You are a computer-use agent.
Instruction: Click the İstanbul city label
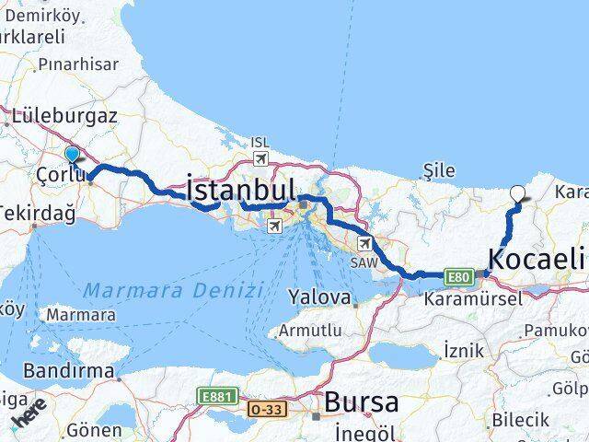tap(241, 191)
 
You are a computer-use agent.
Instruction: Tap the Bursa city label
tap(361, 402)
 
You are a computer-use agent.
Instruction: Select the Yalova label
tap(319, 298)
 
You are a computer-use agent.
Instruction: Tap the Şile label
tap(438, 170)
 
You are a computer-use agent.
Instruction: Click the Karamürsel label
tap(472, 298)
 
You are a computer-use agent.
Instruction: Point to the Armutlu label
tap(313, 330)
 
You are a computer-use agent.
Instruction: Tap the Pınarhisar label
tap(80, 65)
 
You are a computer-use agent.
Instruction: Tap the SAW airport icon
tap(365, 244)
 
